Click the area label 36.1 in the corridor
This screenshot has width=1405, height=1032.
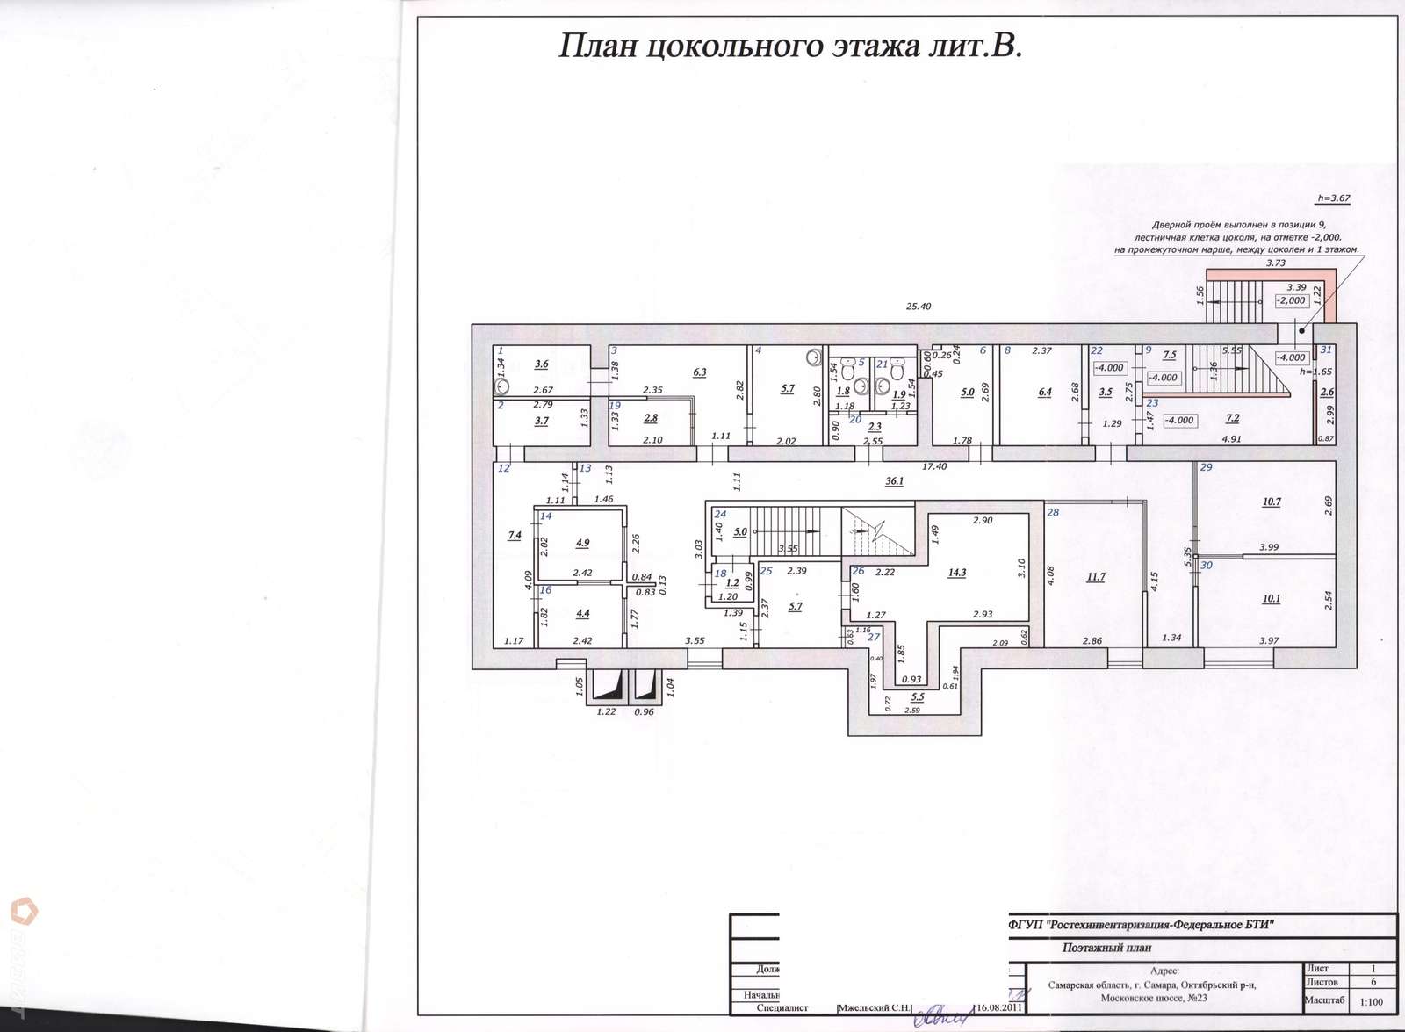[894, 480]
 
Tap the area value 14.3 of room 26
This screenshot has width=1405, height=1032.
[957, 573]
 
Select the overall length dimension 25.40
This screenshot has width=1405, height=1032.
[918, 307]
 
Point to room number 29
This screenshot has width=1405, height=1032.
[1206, 467]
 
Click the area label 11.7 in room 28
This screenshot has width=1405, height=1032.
[1095, 577]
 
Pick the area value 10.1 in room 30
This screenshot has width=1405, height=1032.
[1271, 599]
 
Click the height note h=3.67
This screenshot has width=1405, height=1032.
[1333, 198]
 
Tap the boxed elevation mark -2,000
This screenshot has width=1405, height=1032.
[1291, 300]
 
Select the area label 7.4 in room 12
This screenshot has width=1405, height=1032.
[515, 535]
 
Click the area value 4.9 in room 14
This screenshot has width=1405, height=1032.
[582, 543]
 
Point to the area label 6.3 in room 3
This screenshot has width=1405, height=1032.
[699, 372]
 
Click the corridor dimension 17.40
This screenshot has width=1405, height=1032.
[934, 466]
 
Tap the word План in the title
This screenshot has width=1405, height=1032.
[597, 46]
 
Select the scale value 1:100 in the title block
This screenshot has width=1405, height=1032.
[1371, 1001]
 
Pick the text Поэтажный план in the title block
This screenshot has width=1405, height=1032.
[1106, 948]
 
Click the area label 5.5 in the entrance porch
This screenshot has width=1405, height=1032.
[917, 696]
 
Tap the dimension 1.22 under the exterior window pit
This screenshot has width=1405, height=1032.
[606, 711]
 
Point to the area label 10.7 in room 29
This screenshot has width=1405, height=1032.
[1271, 502]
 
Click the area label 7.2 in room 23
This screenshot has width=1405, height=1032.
[1232, 419]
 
